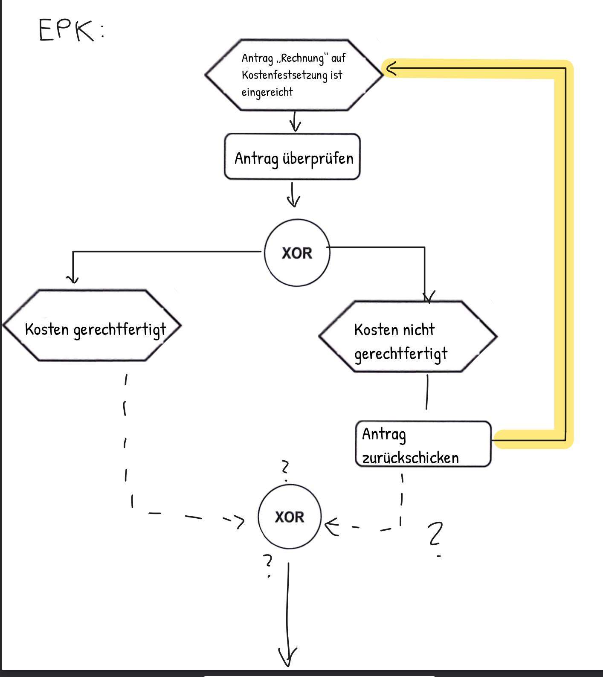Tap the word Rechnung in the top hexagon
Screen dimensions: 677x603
click(302, 58)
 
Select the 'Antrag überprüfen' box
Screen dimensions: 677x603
click(292, 157)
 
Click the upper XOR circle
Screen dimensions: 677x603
click(297, 253)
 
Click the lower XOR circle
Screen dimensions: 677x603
click(289, 517)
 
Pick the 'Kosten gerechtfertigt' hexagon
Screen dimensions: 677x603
click(92, 326)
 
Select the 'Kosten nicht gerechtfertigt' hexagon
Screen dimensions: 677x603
click(408, 337)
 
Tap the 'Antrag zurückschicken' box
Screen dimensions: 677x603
click(423, 444)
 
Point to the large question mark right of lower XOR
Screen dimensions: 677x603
click(435, 535)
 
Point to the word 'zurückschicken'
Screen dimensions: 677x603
click(410, 458)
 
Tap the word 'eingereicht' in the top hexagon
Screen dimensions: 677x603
click(267, 92)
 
